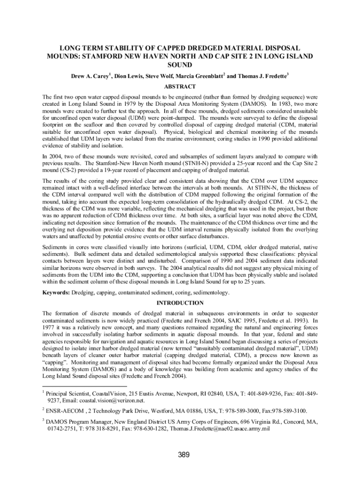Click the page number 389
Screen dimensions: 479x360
pos(180,454)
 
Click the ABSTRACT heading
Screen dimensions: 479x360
pos(180,87)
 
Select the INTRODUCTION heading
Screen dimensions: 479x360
pos(180,303)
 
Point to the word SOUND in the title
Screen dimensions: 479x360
pos(180,65)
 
